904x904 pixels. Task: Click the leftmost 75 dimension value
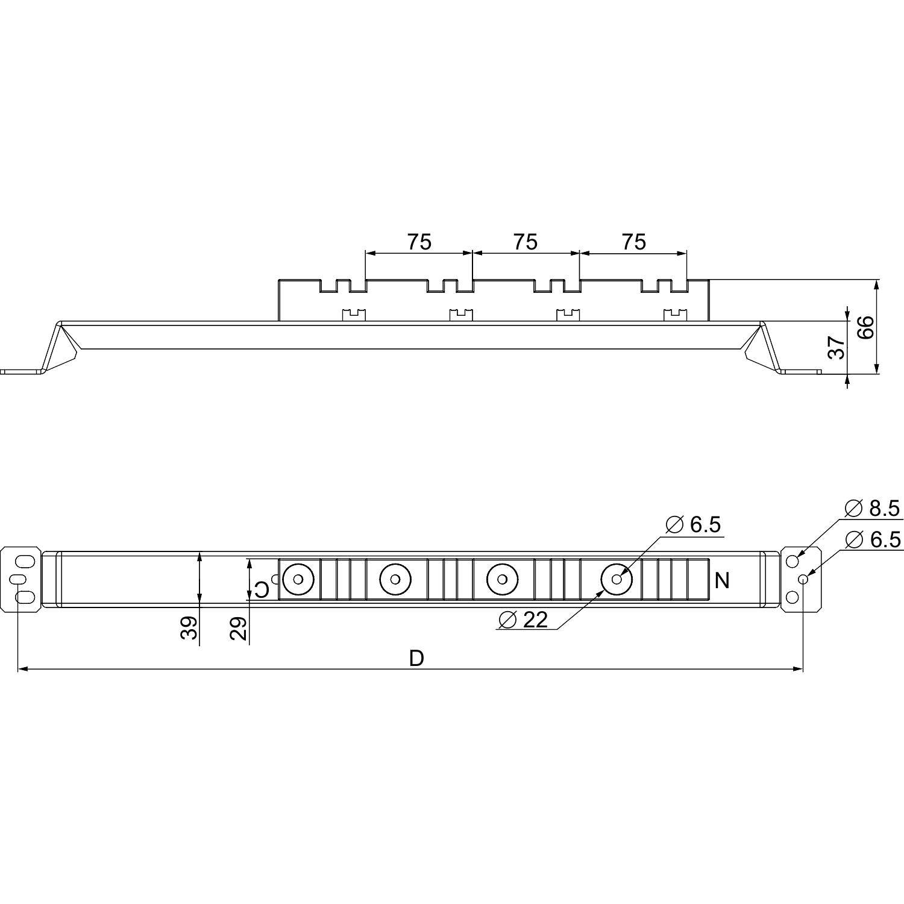coord(419,242)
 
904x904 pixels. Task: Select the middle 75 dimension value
coord(526,242)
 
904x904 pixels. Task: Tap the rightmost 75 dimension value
coord(633,242)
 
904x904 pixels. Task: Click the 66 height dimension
coord(865,328)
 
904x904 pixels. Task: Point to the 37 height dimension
coord(837,348)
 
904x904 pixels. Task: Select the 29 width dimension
coord(239,629)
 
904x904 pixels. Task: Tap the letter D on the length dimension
coord(416,659)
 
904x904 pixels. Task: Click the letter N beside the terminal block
coord(721,581)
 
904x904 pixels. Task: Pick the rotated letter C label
coord(262,588)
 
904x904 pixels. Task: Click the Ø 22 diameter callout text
coord(524,620)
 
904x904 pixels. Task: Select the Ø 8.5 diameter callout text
coord(872,509)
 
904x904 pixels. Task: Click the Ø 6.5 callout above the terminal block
coord(694,525)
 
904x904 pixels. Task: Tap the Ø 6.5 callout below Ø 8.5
coord(873,539)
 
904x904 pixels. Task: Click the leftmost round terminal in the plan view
coord(298,579)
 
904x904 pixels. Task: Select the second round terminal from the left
coord(395,579)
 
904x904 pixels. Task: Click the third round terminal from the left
coord(502,579)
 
